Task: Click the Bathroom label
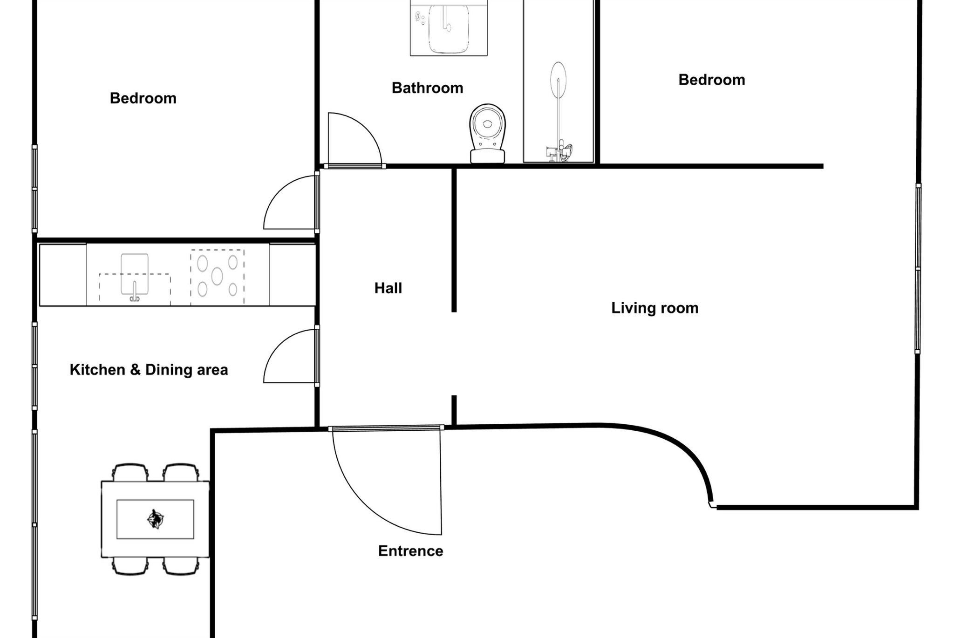[x=427, y=88]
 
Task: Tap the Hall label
[x=388, y=288]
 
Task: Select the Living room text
[x=654, y=308]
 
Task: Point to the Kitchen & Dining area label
[x=149, y=370]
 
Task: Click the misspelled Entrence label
[x=410, y=551]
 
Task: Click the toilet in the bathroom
[x=487, y=133]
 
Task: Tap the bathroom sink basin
[x=448, y=28]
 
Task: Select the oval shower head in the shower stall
[x=558, y=80]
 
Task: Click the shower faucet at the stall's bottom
[x=559, y=152]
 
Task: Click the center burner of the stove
[x=217, y=276]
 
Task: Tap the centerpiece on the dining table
[x=155, y=519]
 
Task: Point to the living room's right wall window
[x=918, y=268]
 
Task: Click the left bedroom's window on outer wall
[x=34, y=189]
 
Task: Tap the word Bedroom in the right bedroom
[x=711, y=80]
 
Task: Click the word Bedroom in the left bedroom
[x=143, y=98]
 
